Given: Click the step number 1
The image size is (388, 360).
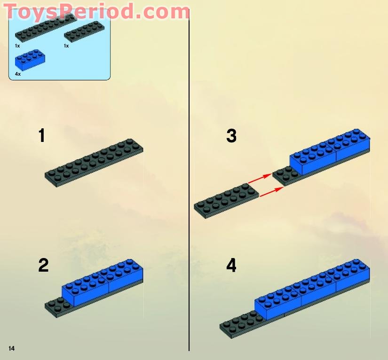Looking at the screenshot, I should pos(42,136).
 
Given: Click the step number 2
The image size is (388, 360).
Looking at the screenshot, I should pos(43,266).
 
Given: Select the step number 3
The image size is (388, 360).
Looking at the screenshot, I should pos(231,136).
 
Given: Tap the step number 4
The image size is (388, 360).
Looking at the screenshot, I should pos(231,266).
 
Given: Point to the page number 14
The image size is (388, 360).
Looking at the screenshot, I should pos(11,348).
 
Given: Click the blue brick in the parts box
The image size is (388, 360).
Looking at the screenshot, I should pos(30,60).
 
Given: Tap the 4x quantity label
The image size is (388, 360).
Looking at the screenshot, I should pos(18,74).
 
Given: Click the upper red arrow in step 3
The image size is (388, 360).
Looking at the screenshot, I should pos(260,179).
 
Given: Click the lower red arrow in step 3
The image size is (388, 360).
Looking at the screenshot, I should pos(271,192).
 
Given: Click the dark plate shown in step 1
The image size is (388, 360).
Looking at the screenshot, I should pos(94,163).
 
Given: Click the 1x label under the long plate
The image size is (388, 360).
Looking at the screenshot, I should pos(17,46).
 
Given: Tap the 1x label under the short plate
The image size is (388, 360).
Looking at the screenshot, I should pos(66,46).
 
